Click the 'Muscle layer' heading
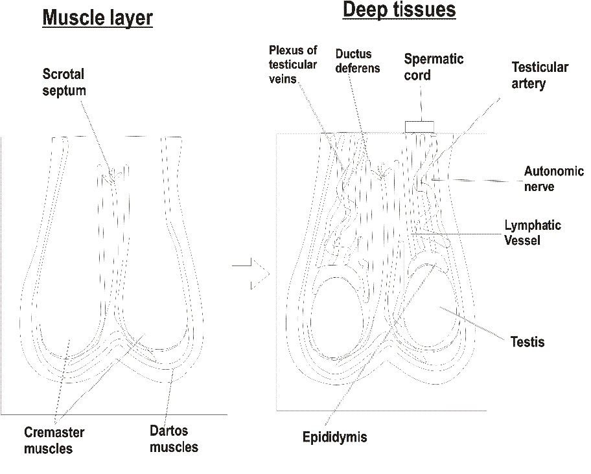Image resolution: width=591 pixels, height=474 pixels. tap(98, 17)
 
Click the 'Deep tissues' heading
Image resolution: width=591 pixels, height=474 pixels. tap(399, 10)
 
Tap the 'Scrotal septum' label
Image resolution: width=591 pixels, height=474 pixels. tap(64, 82)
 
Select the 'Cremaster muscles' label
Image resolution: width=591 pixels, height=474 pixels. tap(54, 440)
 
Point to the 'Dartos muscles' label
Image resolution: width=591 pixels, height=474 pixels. tap(174, 439)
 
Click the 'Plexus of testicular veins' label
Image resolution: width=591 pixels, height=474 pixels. tap(293, 64)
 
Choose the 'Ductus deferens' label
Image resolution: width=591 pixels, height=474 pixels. tap(358, 61)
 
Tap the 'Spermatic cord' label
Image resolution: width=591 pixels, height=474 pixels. tap(434, 67)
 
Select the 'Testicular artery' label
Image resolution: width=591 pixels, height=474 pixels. tap(540, 75)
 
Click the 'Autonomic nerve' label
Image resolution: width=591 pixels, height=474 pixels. tap(554, 179)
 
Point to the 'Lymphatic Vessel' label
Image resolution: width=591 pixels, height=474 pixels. tap(533, 232)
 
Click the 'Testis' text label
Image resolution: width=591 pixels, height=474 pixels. tap(527, 342)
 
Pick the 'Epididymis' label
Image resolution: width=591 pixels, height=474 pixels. tap(334, 437)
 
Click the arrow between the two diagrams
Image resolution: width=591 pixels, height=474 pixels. tap(251, 274)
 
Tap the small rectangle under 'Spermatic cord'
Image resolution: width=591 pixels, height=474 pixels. tap(419, 127)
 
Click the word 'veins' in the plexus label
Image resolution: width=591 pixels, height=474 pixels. tap(283, 79)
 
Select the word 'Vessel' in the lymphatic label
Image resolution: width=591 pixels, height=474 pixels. tap(522, 240)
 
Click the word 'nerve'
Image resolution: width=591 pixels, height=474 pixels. tap(539, 186)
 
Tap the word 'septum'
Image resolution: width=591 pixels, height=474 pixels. tap(64, 91)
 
